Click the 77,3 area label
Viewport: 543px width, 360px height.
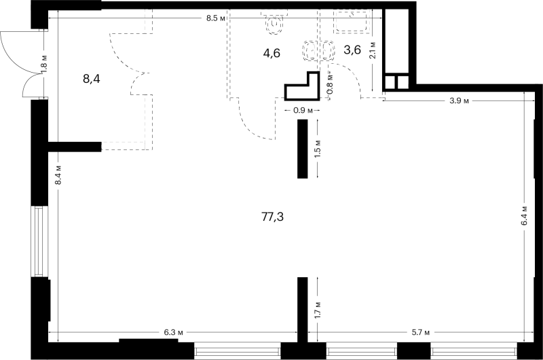[273, 217]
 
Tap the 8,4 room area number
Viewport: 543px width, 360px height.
[92, 79]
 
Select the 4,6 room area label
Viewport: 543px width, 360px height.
[271, 54]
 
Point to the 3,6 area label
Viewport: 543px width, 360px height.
[352, 50]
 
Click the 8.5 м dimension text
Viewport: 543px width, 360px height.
[216, 18]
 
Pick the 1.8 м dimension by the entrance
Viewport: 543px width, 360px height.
[44, 64]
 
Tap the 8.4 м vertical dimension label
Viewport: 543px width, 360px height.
[58, 175]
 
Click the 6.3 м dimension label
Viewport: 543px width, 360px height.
[174, 333]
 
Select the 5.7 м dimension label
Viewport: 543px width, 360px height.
[420, 333]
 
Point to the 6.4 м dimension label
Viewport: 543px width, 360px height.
[524, 216]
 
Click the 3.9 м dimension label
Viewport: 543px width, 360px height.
[460, 101]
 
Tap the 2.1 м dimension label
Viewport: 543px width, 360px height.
[373, 50]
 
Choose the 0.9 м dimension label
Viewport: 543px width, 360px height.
[303, 111]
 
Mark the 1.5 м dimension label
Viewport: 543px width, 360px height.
[318, 149]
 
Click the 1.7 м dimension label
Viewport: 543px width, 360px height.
[318, 310]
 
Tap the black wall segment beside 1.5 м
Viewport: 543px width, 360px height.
[302, 149]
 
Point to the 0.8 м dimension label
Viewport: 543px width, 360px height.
[330, 84]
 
